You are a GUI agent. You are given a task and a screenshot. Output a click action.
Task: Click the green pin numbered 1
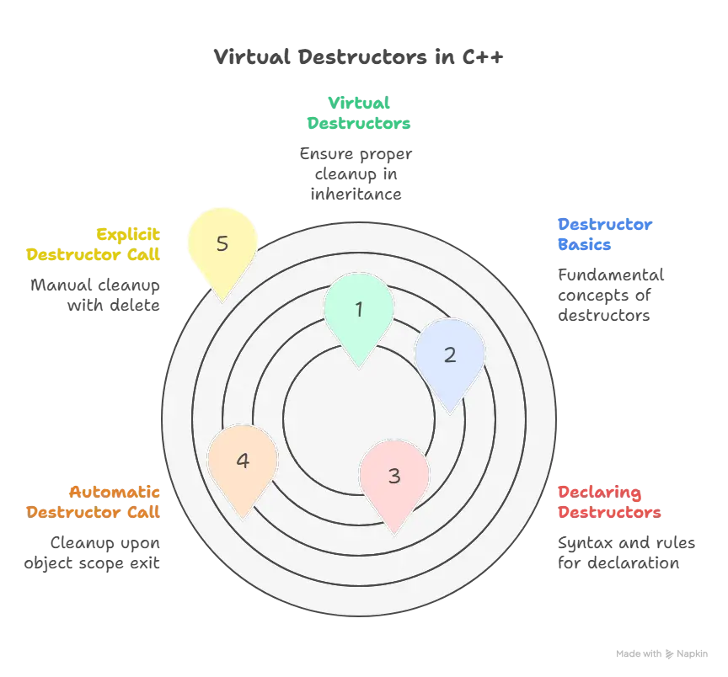[x=359, y=310]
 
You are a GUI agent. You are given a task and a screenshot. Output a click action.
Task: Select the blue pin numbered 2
[x=450, y=354]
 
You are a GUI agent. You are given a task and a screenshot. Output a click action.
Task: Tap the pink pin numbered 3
[x=394, y=476]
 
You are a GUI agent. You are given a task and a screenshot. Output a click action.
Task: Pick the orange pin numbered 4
[x=243, y=461]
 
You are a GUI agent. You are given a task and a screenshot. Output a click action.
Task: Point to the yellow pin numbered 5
[x=222, y=244]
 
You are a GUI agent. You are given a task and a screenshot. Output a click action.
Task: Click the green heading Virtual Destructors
[x=359, y=113]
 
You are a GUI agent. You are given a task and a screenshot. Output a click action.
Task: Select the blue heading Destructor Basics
[x=605, y=235]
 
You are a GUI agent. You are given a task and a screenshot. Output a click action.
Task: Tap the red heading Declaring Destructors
[x=608, y=503]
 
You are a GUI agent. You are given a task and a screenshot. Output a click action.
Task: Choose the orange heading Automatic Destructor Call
[x=93, y=502]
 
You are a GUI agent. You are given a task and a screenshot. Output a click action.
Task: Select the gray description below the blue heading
[x=610, y=295]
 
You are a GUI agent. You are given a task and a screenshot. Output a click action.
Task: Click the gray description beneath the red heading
[x=627, y=555]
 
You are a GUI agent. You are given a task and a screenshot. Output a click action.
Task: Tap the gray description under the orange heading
[x=91, y=554]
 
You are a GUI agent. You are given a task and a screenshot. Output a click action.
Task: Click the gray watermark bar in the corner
[x=660, y=653]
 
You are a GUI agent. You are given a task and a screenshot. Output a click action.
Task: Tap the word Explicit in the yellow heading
[x=128, y=233]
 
